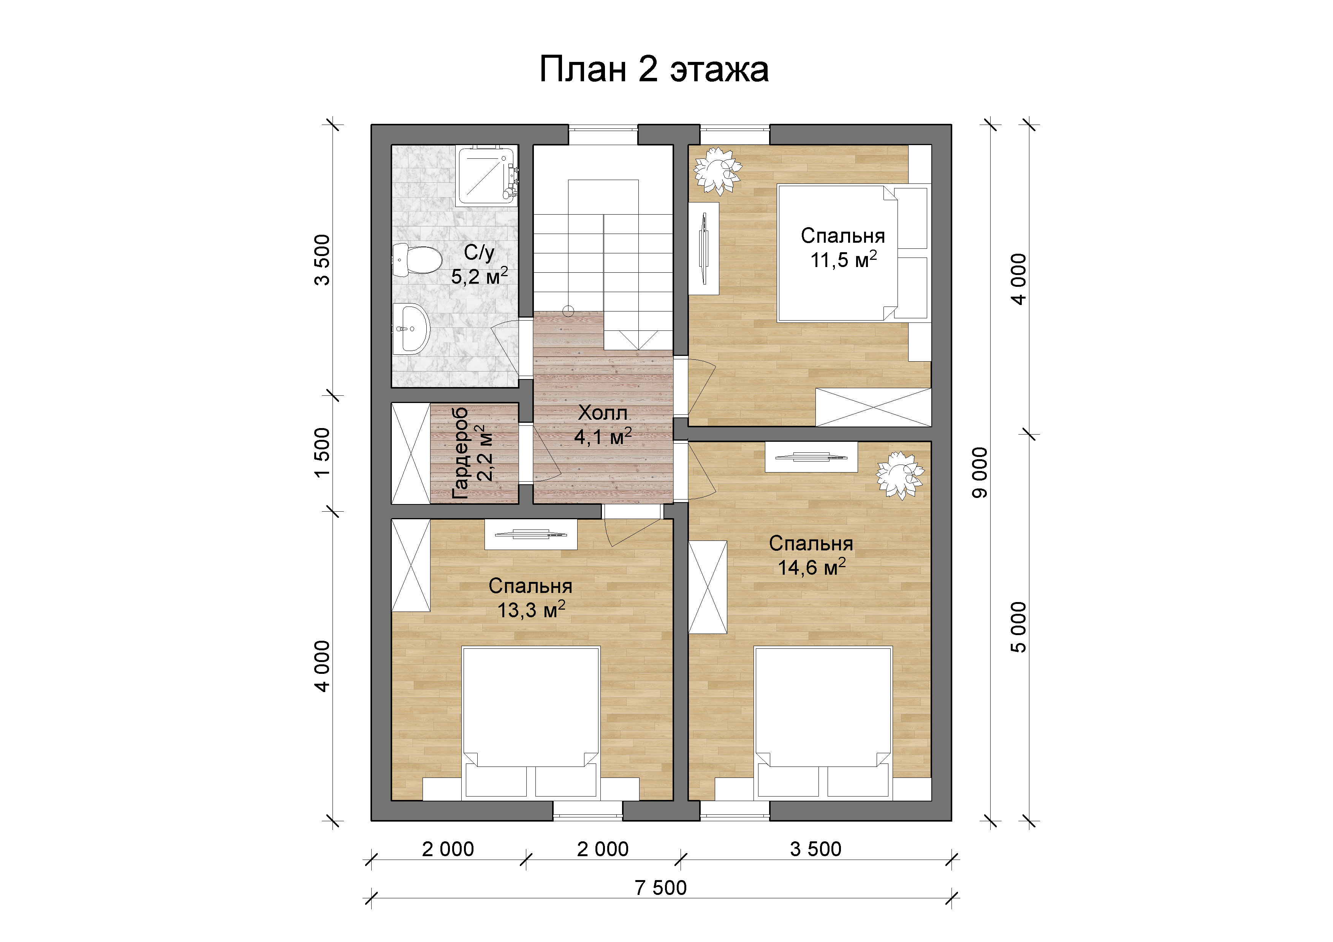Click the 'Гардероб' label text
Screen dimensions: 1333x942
point(460,453)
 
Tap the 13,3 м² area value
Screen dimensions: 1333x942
point(531,609)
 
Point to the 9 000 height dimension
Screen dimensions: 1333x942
point(980,473)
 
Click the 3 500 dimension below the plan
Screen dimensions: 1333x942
point(816,849)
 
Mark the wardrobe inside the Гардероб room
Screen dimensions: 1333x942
point(410,453)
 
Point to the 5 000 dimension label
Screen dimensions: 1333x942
point(1019,627)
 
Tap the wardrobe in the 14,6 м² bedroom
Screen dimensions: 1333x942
point(708,587)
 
